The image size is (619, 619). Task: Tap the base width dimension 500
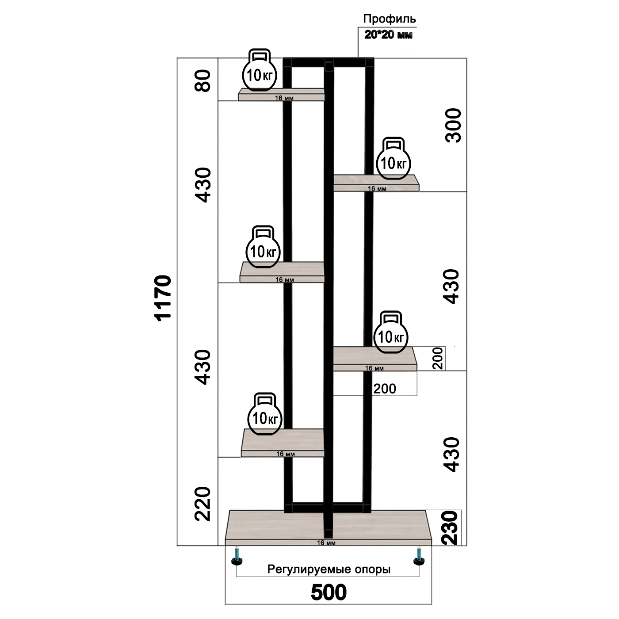coord(329,592)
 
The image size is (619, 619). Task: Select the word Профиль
coord(389,19)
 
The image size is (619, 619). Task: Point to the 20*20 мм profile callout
coord(388,34)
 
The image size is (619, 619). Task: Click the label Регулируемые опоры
coord(329,569)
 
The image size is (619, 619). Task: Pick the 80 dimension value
coord(204,80)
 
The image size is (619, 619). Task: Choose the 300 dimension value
coord(453,125)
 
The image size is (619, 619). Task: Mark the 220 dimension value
coord(204,504)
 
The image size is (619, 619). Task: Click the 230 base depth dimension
coord(450,527)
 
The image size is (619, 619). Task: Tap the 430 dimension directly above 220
coord(204,367)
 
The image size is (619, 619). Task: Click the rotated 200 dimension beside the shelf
coord(437,358)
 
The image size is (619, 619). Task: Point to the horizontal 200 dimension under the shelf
coord(384,389)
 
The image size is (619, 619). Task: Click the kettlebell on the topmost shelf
coord(260,70)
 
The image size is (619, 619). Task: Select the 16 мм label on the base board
coord(326,543)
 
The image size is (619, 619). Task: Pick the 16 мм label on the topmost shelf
coord(284,98)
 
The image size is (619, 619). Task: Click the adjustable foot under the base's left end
coord(237,557)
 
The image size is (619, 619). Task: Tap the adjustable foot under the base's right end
coord(418,557)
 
